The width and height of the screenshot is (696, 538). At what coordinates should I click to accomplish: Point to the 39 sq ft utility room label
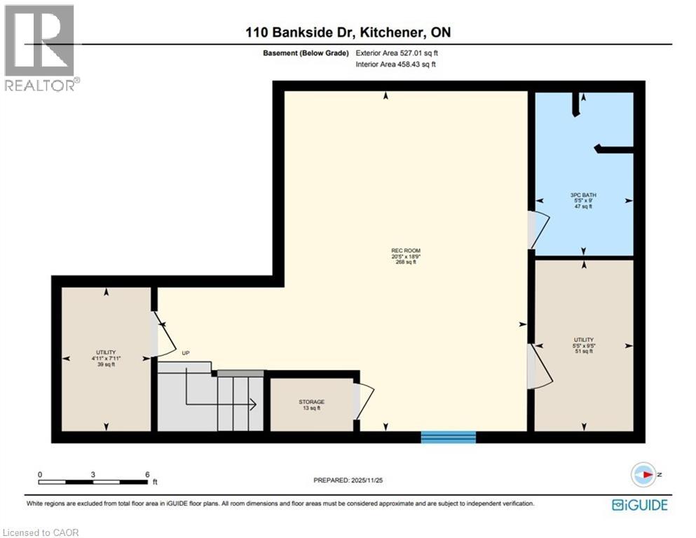(106, 357)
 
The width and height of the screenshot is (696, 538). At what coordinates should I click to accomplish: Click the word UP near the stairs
(186, 353)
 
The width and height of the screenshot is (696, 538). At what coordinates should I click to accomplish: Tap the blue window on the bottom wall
(448, 437)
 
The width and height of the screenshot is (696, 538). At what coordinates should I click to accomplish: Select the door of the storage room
(364, 400)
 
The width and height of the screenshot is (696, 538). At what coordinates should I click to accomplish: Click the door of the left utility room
(163, 336)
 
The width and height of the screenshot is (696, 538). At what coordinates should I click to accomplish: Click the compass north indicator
(643, 475)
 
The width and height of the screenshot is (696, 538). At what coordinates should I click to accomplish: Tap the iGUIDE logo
(639, 504)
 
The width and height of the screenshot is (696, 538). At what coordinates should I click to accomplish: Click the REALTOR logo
(41, 48)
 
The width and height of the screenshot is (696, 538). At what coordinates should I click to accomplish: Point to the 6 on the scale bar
(146, 474)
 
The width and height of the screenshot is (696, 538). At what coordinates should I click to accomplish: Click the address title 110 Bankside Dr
(348, 32)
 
